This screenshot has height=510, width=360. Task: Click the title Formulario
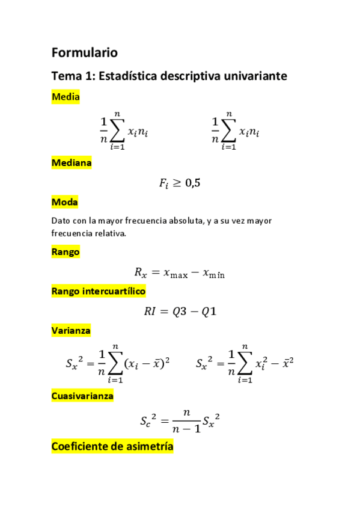click(85, 52)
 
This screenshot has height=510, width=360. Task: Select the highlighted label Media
click(66, 97)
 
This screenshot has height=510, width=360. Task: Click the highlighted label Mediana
click(72, 162)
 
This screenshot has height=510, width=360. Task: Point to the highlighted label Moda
click(65, 202)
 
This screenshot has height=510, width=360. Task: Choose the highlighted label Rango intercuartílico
click(99, 291)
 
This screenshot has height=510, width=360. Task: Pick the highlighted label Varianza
click(71, 330)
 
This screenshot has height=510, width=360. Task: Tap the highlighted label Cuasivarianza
click(82, 396)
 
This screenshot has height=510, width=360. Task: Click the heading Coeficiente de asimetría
click(112, 446)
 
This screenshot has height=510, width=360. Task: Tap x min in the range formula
click(213, 273)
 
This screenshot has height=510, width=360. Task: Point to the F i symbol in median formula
click(164, 184)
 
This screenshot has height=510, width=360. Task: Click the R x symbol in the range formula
click(140, 273)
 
